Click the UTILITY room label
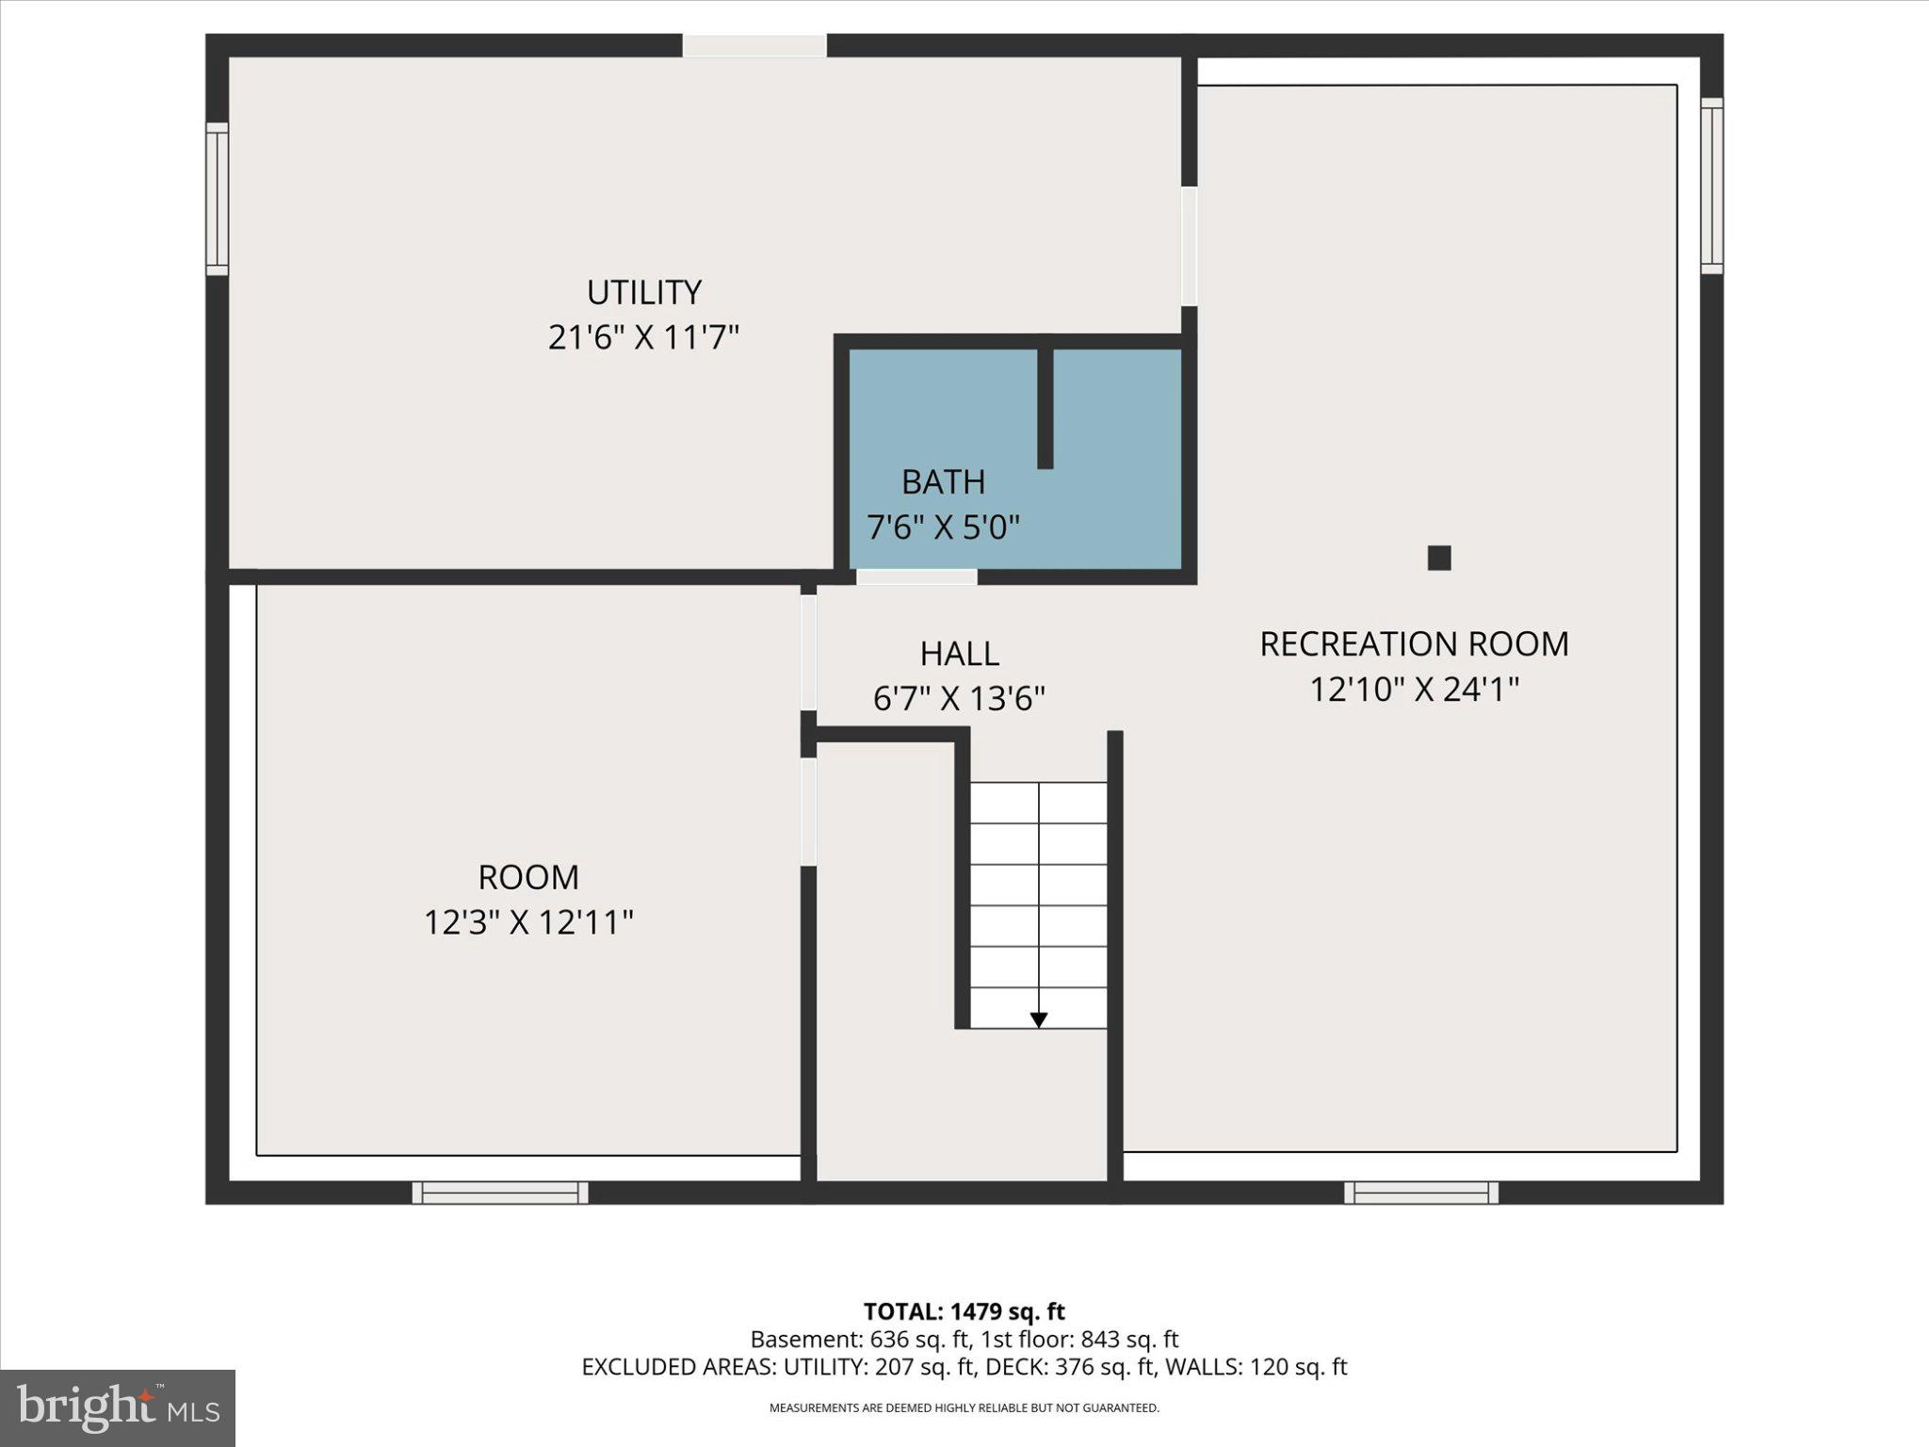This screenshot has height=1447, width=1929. coord(644,292)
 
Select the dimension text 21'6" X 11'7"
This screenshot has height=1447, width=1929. coord(644,337)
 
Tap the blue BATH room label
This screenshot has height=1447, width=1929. coord(943,481)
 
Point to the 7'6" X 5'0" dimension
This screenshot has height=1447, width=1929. coord(943,527)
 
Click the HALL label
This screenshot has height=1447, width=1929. coord(959,653)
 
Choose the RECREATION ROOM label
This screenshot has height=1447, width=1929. coord(1414,644)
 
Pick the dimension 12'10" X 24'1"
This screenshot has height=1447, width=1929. coord(1414,690)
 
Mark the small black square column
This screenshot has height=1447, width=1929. coord(1438,558)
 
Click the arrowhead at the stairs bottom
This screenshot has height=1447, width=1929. coord(1038,1019)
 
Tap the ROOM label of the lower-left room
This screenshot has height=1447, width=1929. coord(527,877)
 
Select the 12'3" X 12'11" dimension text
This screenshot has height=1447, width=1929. coord(527,922)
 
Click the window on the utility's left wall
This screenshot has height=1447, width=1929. coord(218,199)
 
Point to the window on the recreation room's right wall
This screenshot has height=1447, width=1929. coord(1711,186)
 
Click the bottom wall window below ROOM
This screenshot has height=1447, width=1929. coord(500,1193)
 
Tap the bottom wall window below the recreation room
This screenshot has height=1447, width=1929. coord(1420,1193)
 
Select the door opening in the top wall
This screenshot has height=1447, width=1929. coord(754,45)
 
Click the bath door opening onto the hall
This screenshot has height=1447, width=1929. coord(916,577)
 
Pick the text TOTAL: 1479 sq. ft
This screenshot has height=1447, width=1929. coord(964,1311)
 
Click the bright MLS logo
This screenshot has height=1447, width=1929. coord(118,1407)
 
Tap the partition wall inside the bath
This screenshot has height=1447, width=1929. coord(1045,407)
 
